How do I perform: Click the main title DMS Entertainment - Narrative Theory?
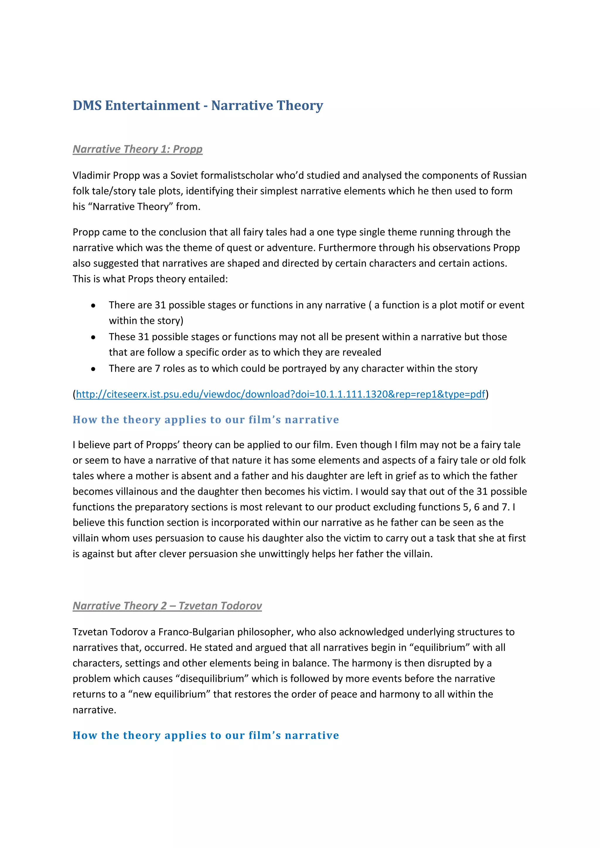point(198,106)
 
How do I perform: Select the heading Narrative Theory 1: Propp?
point(137,149)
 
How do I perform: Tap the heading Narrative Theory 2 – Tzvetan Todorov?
point(167,606)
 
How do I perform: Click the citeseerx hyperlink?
point(280,394)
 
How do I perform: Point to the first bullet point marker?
point(93,306)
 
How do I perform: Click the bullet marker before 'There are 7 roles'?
point(93,369)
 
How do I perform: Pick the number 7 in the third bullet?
point(157,369)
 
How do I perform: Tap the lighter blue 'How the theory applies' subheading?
point(205,420)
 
